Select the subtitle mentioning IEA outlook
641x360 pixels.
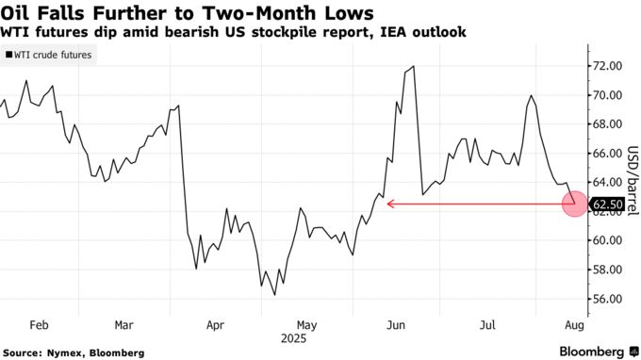235,32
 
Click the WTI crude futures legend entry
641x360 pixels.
52,56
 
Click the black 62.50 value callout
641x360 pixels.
606,204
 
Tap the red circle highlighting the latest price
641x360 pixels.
575,204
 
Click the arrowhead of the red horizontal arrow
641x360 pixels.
388,204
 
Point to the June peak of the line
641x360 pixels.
415,67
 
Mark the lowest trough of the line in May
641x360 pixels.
274,295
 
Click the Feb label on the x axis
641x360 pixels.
39,324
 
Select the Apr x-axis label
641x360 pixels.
215,324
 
